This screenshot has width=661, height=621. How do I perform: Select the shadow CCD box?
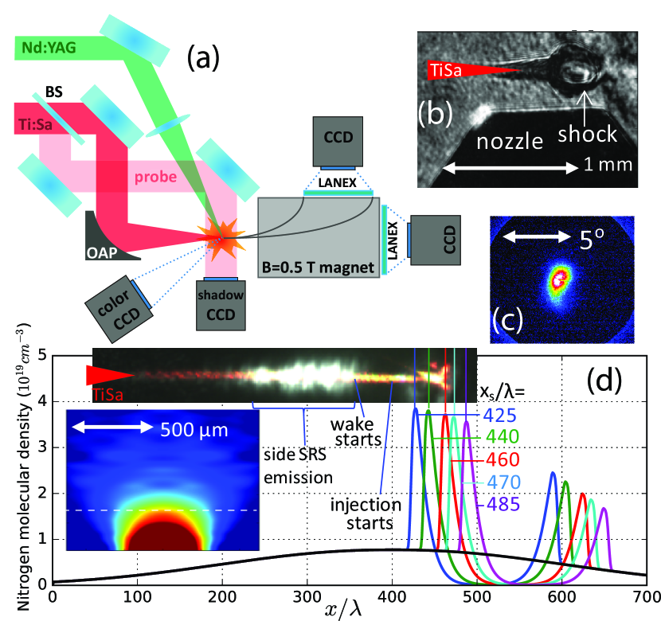tap(222, 303)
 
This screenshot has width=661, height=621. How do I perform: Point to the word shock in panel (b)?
tap(588, 133)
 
